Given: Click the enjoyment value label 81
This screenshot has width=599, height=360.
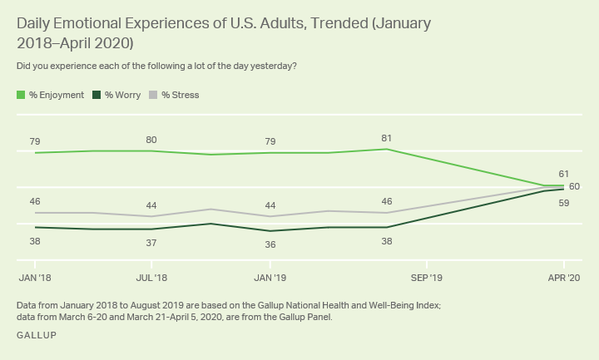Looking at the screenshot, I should coord(387,138).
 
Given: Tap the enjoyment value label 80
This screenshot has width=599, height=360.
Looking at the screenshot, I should coord(151,140).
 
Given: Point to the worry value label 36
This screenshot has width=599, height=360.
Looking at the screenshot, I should coord(270,244).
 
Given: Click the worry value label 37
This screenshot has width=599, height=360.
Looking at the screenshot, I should coord(151,243).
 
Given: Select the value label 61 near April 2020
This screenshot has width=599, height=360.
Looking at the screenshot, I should coord(563,174).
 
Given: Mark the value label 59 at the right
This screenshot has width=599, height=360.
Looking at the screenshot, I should coord(563,202).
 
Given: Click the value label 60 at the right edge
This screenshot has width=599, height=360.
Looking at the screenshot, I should coord(574,186).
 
